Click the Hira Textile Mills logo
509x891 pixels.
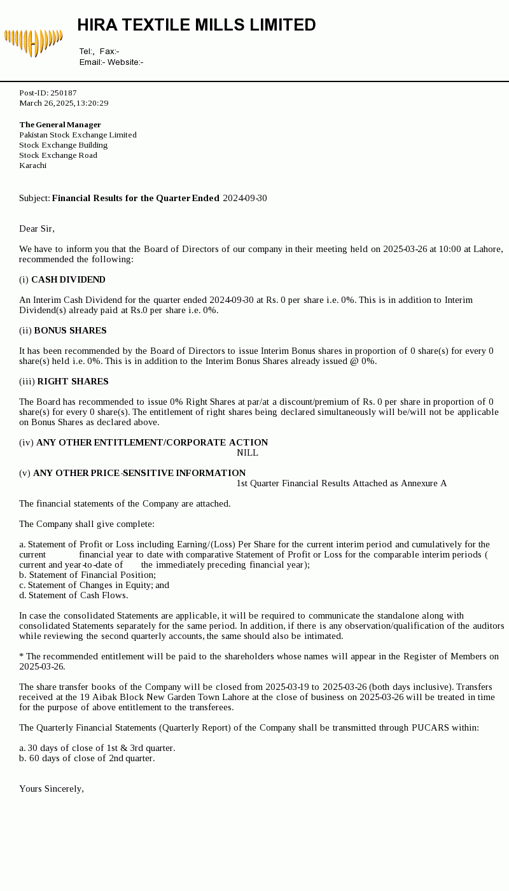[33, 42]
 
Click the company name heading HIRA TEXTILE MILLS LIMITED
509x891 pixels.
[197, 25]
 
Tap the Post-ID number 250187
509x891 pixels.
[63, 93]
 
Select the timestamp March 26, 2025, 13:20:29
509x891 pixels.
[64, 103]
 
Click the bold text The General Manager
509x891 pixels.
[60, 125]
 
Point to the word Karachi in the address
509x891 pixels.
[32, 165]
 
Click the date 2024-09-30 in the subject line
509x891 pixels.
[244, 199]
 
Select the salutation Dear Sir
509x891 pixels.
[37, 229]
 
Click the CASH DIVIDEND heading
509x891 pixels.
[68, 280]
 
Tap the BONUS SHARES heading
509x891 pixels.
[70, 331]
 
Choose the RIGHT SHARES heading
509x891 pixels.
[73, 382]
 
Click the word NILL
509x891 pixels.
[247, 453]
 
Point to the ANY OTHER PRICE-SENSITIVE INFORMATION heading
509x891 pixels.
[139, 474]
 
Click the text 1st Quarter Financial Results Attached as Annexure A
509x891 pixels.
[341, 484]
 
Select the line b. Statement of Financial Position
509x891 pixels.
[87, 575]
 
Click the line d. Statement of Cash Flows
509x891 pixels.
[73, 596]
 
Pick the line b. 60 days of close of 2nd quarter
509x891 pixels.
[87, 759]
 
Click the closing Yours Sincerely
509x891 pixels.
[52, 789]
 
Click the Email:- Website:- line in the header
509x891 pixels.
[111, 62]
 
